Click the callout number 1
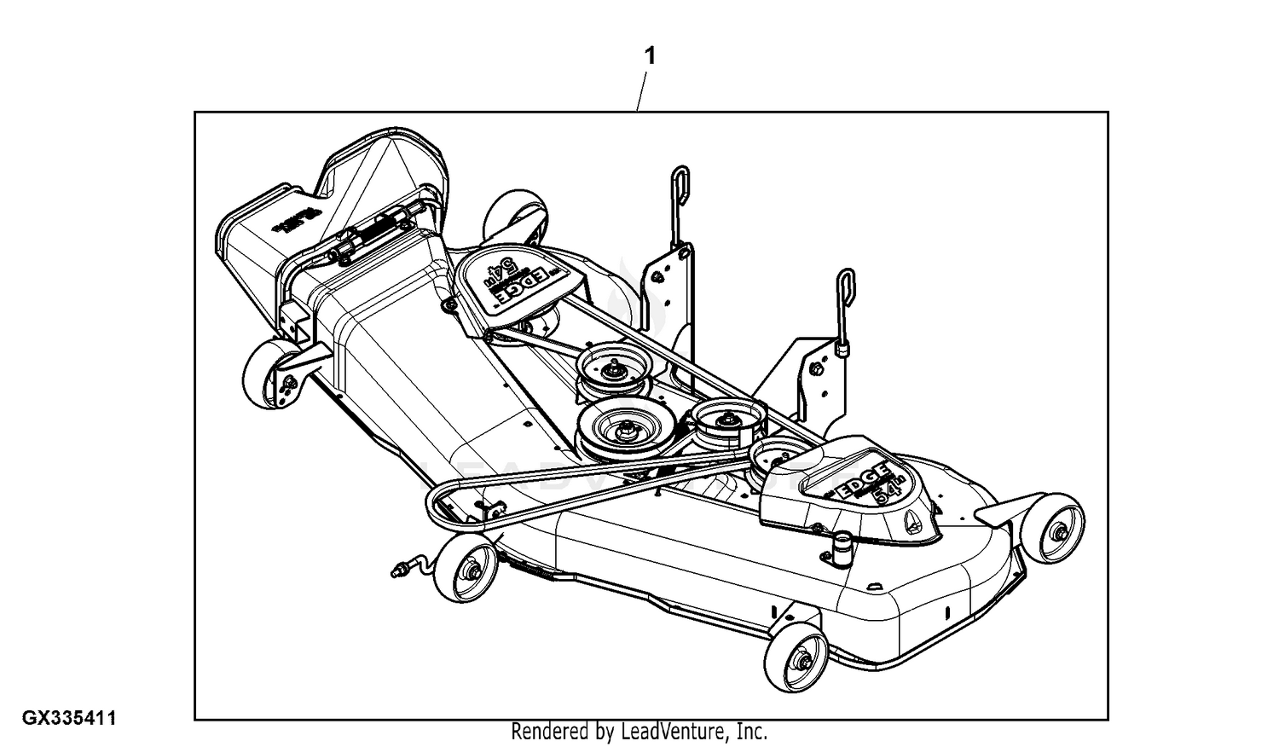pos(650,56)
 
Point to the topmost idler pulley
pos(613,369)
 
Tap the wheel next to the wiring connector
pos(466,572)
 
